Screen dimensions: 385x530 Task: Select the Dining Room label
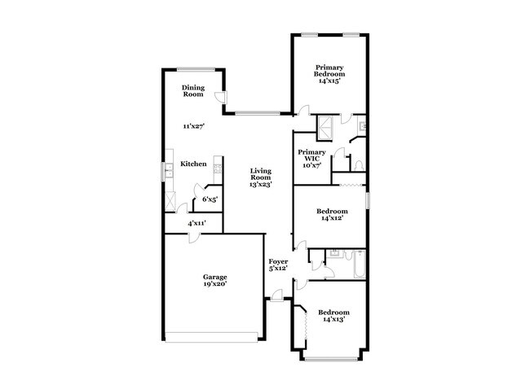click(192, 91)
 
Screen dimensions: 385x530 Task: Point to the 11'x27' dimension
click(192, 126)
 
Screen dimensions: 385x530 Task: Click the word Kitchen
click(193, 164)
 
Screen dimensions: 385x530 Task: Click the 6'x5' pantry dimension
click(210, 199)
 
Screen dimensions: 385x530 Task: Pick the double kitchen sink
click(166, 170)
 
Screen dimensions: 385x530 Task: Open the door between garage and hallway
click(190, 237)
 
